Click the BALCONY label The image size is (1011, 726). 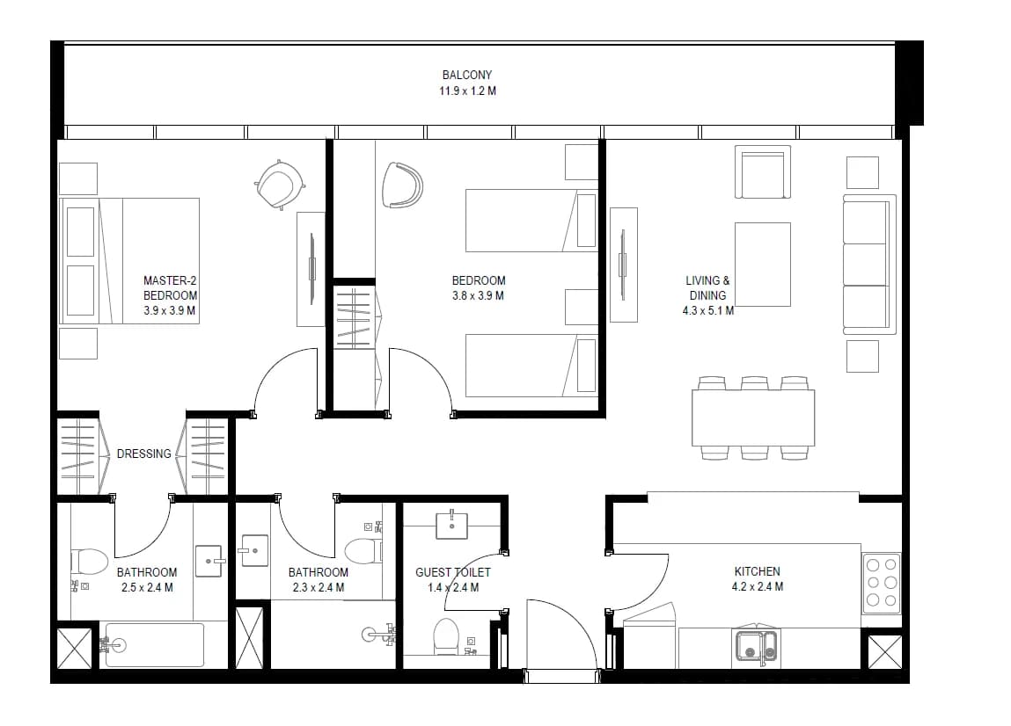[x=467, y=75]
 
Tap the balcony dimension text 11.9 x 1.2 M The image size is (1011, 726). [x=467, y=91]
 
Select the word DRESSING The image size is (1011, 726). [x=143, y=454]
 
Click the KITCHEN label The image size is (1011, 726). [x=757, y=571]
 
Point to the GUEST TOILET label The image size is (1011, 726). [x=452, y=572]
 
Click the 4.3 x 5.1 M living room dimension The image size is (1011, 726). [x=708, y=310]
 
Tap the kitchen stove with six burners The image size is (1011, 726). [x=882, y=583]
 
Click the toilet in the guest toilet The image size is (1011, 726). [x=445, y=635]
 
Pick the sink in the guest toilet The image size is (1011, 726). [x=451, y=525]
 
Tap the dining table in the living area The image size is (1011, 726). [x=753, y=417]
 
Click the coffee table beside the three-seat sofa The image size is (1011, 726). [x=763, y=265]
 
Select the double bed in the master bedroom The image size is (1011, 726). [x=129, y=261]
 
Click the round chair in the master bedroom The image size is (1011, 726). [x=279, y=185]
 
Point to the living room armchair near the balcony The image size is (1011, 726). [x=763, y=172]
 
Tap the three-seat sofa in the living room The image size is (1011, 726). [x=869, y=264]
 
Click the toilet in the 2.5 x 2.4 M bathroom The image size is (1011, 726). [x=89, y=561]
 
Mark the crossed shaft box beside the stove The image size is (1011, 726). [x=884, y=652]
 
